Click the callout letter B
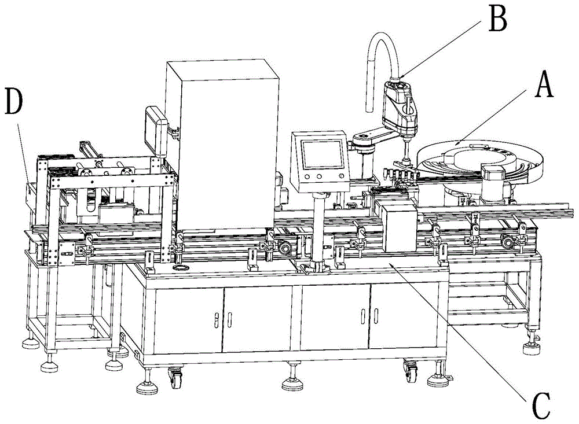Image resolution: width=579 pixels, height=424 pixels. [497, 19]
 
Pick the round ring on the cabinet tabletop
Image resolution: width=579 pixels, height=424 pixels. [180, 269]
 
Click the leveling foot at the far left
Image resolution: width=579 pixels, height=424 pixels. [28, 342]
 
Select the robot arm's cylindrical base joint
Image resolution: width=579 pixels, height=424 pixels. [364, 154]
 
